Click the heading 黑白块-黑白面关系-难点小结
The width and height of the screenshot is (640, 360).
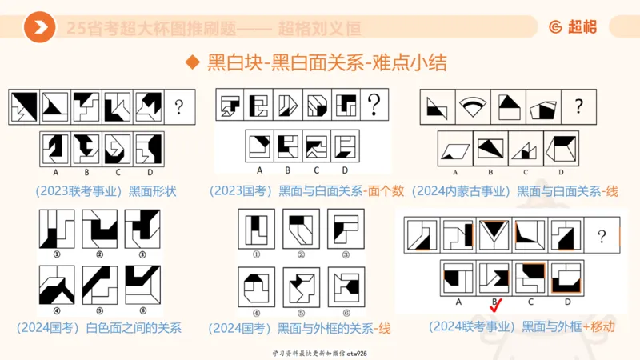(x=326, y=63)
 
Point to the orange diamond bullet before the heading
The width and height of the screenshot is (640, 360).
(x=191, y=63)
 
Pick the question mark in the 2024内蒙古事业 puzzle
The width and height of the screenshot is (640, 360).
(x=579, y=105)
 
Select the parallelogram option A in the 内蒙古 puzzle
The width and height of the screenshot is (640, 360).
(x=455, y=149)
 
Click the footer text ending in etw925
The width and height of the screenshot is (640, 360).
(x=320, y=352)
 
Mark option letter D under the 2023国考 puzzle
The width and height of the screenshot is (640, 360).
(x=345, y=170)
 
